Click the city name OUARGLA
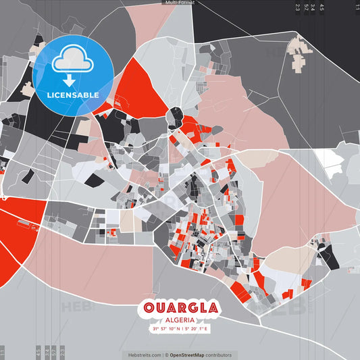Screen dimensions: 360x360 pyautogui.click(x=180, y=308)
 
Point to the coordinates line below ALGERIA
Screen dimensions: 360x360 pyautogui.click(x=180, y=329)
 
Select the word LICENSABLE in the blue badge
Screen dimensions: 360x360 pyautogui.click(x=72, y=94)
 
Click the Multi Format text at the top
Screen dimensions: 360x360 pyautogui.click(x=180, y=3)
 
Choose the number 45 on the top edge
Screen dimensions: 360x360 pyautogui.click(x=322, y=7)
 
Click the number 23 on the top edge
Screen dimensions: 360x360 pyautogui.click(x=297, y=7)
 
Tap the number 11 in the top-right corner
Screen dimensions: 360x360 pyautogui.click(x=357, y=7)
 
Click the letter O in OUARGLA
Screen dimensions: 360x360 pyautogui.click(x=149, y=308)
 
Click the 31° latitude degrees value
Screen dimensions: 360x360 pyautogui.click(x=156, y=329)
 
